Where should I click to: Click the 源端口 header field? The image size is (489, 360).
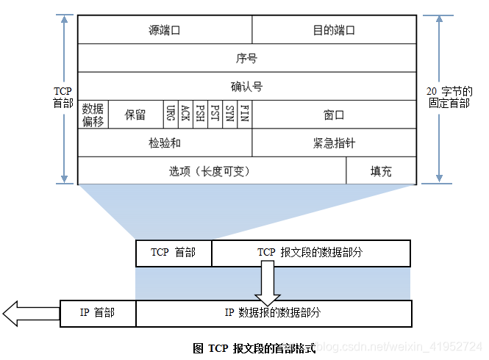pos(164,30)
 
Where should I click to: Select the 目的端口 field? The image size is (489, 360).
pos(334,30)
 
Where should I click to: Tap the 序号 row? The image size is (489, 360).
pos(246,58)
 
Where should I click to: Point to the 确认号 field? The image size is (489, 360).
pos(246,87)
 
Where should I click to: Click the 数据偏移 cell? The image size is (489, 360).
pos(93,115)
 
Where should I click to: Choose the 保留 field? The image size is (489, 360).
pos(135,115)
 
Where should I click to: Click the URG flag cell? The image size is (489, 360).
pos(171,115)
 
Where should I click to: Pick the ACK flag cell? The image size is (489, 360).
pos(185,115)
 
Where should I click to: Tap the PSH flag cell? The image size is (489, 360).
pos(200,115)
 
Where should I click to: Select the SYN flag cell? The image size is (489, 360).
pos(229,115)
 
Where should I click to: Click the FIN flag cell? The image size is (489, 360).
pos(245,115)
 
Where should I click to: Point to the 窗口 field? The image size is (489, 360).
pos(334,115)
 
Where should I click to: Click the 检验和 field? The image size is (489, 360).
pos(164,143)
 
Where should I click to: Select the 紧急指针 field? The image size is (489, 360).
pos(334,143)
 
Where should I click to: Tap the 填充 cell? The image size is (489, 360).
pos(381,171)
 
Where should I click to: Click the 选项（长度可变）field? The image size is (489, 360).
pos(211,171)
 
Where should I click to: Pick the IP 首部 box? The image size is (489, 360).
pos(97,312)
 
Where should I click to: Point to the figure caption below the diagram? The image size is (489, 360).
pos(254,348)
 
